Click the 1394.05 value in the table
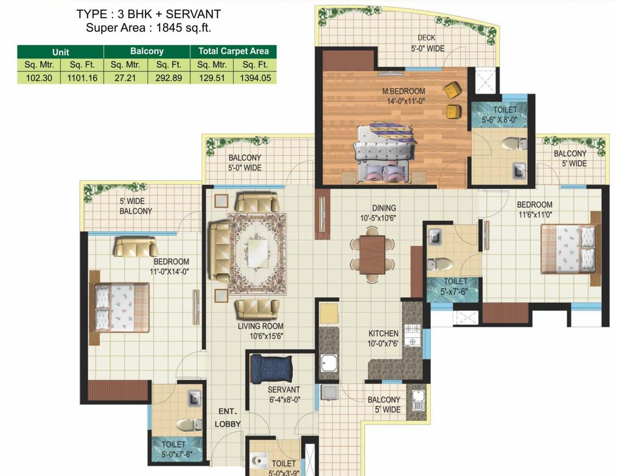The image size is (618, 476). [256, 78]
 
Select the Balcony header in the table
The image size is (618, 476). [147, 51]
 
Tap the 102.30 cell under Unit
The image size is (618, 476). [39, 78]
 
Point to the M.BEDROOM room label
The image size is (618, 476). [403, 91]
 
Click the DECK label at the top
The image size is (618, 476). [426, 38]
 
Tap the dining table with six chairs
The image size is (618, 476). [372, 254]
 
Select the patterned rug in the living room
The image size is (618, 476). [257, 253]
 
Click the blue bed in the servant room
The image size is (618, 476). [272, 369]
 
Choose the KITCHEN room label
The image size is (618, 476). [384, 333]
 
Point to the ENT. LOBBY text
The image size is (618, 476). [227, 417]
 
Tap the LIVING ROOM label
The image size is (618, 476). [261, 326]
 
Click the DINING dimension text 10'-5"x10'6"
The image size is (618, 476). [378, 218]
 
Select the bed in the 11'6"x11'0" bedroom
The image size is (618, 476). [568, 249]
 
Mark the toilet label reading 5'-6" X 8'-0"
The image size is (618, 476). [499, 120]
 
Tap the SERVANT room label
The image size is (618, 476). [284, 390]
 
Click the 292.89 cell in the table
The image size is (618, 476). [169, 78]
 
